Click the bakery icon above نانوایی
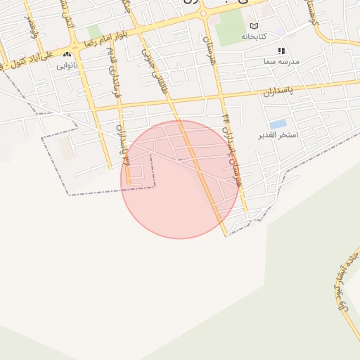tap(67, 56)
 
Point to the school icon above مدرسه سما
tap(281, 51)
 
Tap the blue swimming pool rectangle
tap(278, 124)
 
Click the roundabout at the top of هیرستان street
tap(203, 13)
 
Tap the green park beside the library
tap(228, 27)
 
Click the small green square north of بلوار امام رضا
tap(94, 32)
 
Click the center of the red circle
tap(180, 179)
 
